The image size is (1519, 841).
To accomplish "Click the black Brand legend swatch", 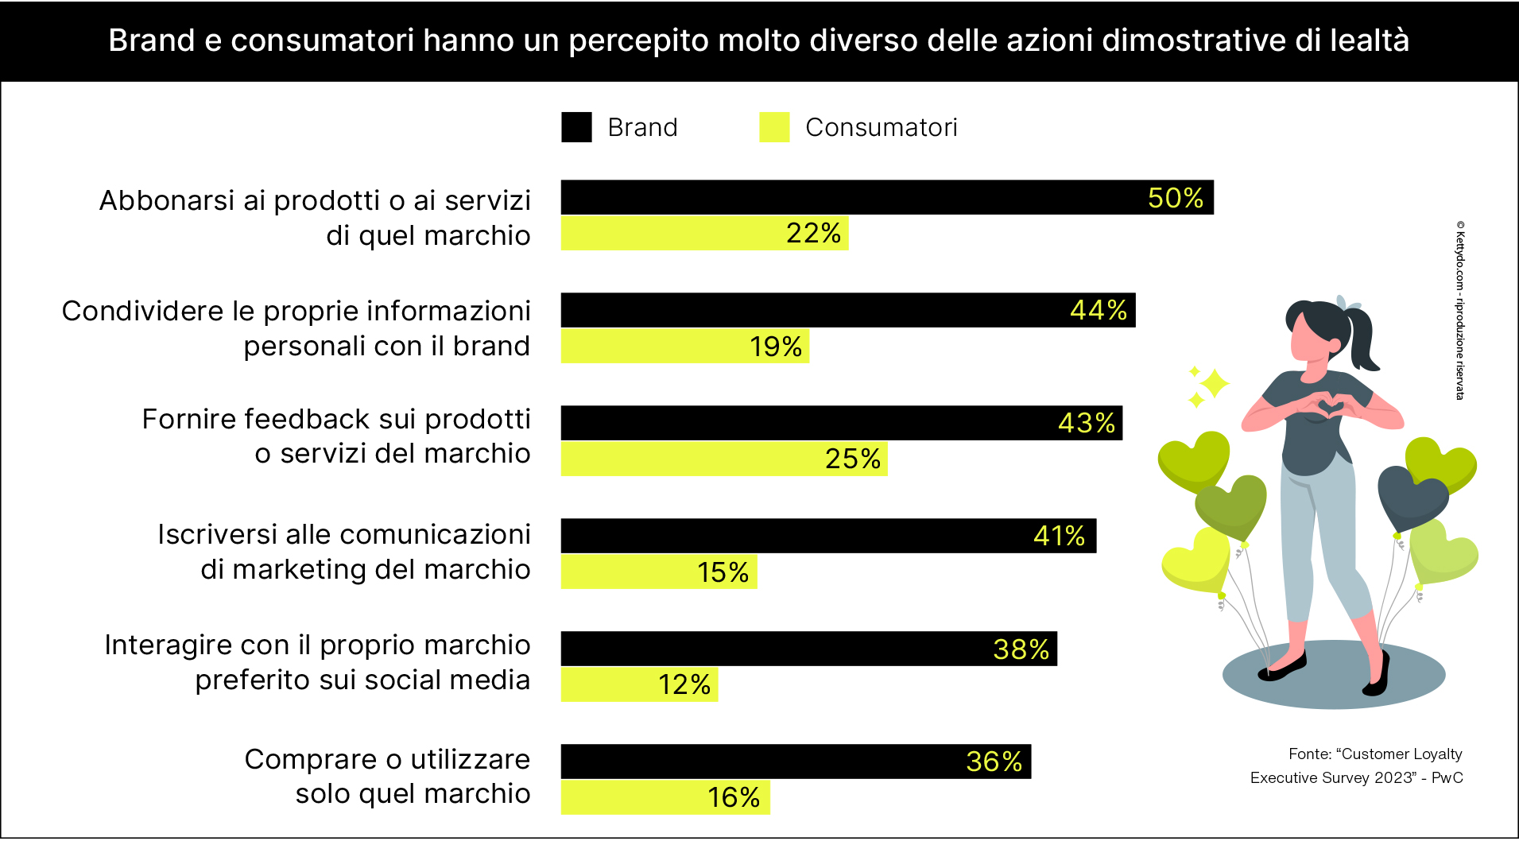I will pyautogui.click(x=576, y=127).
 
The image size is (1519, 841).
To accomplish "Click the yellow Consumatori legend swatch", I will pyautogui.click(x=774, y=127).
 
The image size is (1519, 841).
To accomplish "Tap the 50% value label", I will pyautogui.click(x=1175, y=198).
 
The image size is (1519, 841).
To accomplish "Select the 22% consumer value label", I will pyautogui.click(x=813, y=234).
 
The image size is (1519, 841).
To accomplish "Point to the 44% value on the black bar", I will pyautogui.click(x=1098, y=310).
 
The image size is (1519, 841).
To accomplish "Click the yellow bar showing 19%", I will pyautogui.click(x=684, y=347).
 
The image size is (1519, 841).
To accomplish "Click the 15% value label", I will pyautogui.click(x=723, y=572).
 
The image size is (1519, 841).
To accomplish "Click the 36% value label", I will pyautogui.click(x=994, y=762).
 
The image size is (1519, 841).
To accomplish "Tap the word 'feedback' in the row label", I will pyautogui.click(x=306, y=419).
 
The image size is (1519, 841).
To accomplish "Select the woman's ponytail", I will pyautogui.click(x=1363, y=338).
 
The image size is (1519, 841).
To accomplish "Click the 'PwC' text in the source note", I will pyautogui.click(x=1447, y=777).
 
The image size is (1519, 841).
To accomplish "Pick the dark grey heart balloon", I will pyautogui.click(x=1412, y=497).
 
